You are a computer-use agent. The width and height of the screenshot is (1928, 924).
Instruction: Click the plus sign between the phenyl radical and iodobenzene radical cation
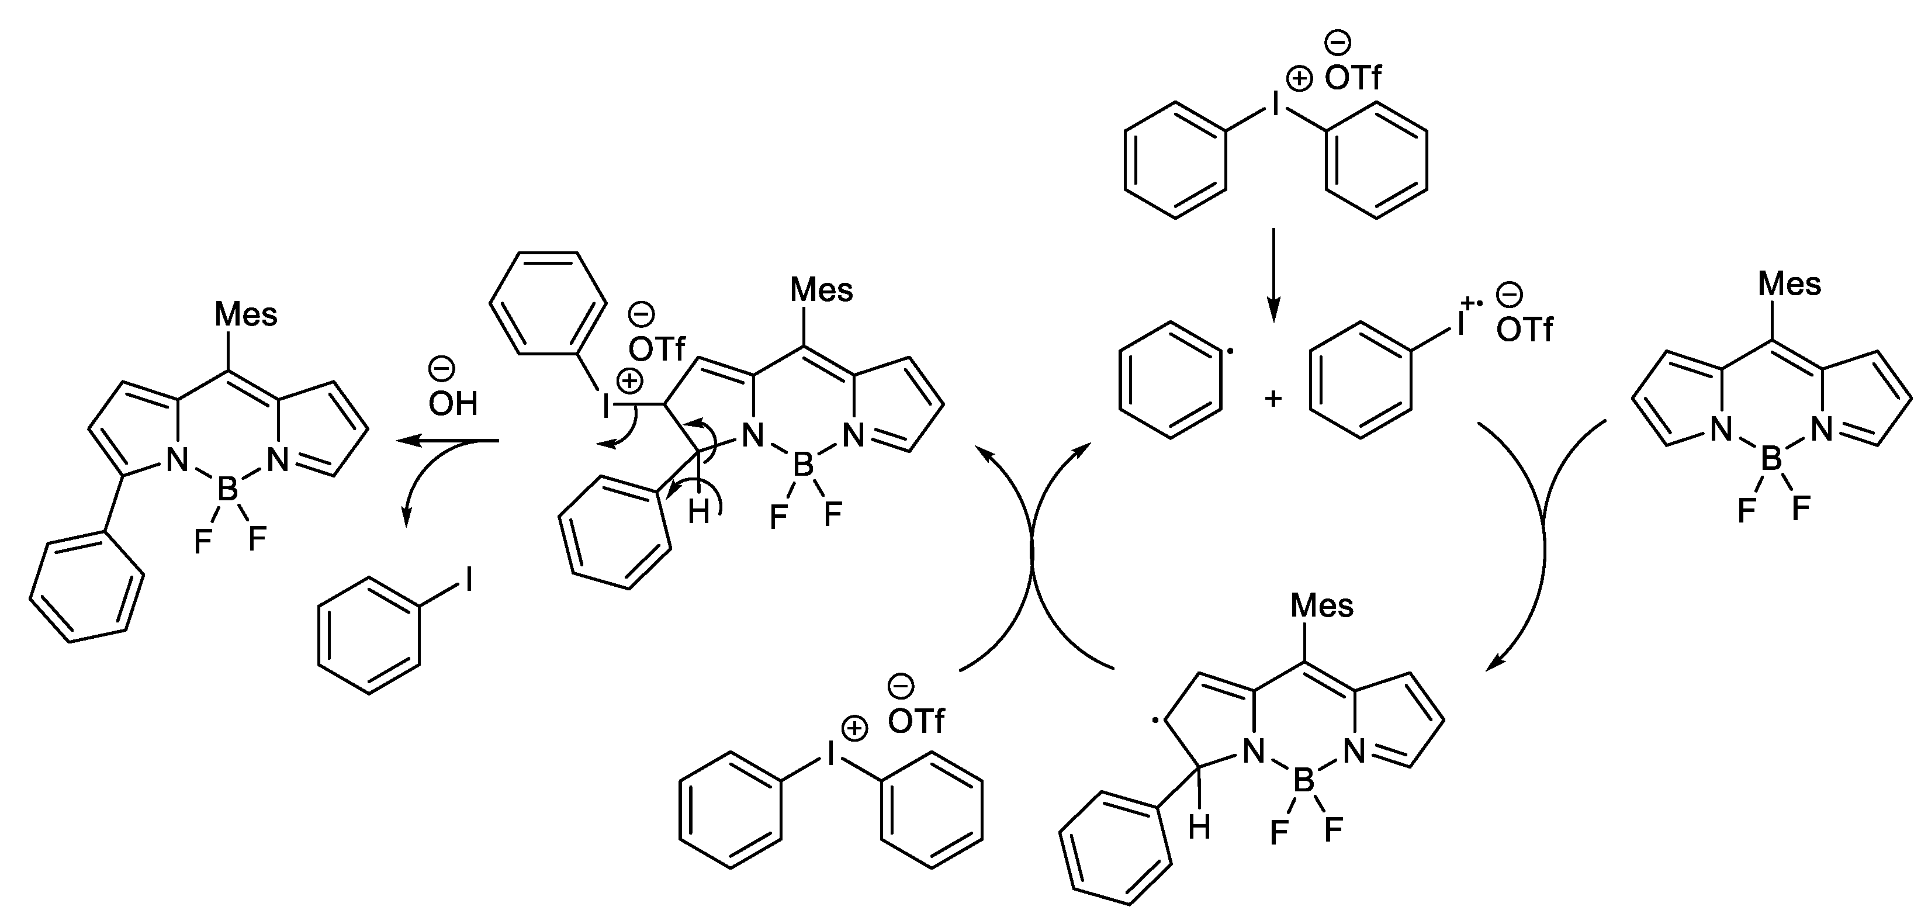(x=1272, y=398)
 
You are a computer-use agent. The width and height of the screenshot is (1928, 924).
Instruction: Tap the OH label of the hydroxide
(x=453, y=404)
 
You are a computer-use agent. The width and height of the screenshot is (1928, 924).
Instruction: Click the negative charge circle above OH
(x=440, y=368)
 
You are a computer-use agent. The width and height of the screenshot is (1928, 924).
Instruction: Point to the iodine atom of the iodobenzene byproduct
(x=469, y=579)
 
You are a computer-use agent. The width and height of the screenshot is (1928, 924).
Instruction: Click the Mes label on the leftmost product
(x=245, y=314)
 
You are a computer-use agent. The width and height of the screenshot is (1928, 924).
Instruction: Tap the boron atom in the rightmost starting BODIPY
(x=1771, y=459)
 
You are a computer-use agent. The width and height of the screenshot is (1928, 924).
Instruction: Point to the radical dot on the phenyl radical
(x=1232, y=351)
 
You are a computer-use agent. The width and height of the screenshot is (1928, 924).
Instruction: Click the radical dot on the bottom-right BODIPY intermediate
(x=1157, y=721)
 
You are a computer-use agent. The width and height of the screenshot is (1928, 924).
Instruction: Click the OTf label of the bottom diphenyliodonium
(x=916, y=721)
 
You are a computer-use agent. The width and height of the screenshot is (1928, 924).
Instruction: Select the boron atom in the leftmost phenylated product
(x=227, y=490)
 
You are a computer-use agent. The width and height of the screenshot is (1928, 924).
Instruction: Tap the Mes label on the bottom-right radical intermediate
(x=1323, y=605)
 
